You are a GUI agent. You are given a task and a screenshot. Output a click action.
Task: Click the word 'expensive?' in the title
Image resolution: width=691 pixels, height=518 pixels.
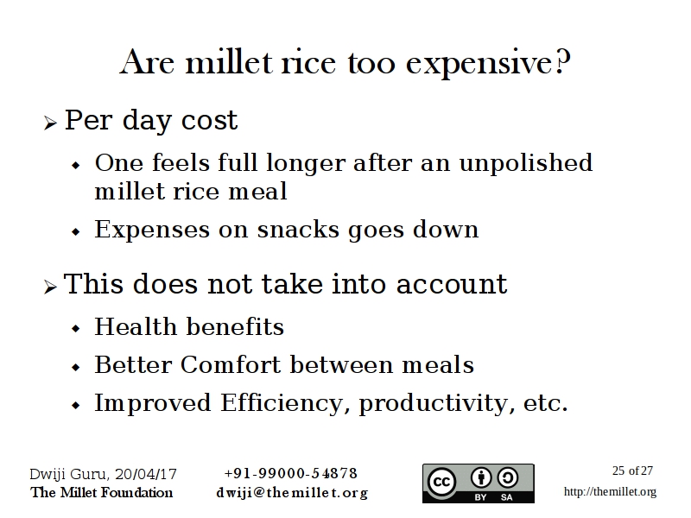pyautogui.click(x=488, y=63)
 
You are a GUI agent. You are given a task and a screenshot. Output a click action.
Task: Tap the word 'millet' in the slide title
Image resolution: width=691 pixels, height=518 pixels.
pyautogui.click(x=229, y=62)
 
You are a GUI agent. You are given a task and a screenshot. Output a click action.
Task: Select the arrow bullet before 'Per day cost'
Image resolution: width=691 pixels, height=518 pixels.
pyautogui.click(x=51, y=123)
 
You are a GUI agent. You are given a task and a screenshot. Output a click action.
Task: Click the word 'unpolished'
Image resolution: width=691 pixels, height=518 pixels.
pyautogui.click(x=526, y=163)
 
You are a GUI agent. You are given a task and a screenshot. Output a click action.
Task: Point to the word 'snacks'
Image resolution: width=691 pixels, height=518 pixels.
pyautogui.click(x=298, y=230)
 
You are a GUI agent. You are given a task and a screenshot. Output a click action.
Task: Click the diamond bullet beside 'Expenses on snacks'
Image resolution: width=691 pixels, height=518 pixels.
pyautogui.click(x=76, y=231)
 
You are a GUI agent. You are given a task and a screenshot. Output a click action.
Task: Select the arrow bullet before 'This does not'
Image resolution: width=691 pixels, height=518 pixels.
pyautogui.click(x=51, y=287)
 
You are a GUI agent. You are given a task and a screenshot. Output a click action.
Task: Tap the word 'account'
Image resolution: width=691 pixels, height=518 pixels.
pyautogui.click(x=452, y=284)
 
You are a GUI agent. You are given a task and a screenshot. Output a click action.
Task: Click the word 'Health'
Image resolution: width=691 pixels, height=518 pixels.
pyautogui.click(x=136, y=326)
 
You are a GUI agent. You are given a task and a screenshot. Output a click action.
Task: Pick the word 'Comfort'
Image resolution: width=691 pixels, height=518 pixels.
pyautogui.click(x=231, y=364)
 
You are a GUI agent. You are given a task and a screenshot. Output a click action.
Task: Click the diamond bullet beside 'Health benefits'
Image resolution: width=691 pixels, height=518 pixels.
pyautogui.click(x=76, y=329)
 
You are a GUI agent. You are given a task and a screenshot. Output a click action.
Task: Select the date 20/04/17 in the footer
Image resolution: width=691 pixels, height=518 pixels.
pyautogui.click(x=146, y=474)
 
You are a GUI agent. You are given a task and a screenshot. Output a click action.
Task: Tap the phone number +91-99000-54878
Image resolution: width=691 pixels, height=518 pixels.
pyautogui.click(x=291, y=473)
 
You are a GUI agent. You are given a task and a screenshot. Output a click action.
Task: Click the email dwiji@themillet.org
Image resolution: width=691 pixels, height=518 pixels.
pyautogui.click(x=292, y=492)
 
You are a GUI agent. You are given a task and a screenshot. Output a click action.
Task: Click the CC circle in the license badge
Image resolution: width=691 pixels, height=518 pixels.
pyautogui.click(x=441, y=482)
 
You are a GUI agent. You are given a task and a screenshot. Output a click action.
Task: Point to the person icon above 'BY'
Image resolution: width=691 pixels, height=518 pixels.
pyautogui.click(x=481, y=477)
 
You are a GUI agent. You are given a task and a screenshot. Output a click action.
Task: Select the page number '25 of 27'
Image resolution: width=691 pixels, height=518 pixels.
pyautogui.click(x=632, y=471)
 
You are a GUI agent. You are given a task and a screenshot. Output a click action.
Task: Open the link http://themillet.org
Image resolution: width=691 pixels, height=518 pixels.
pyautogui.click(x=611, y=491)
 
